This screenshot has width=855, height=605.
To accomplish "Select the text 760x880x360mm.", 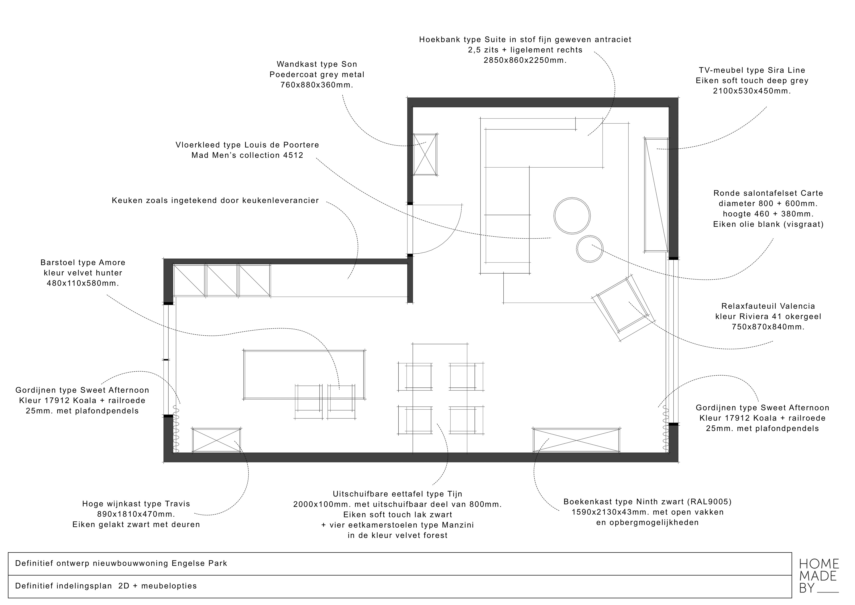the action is [x=317, y=85].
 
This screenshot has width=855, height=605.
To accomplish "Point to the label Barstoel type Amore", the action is [x=83, y=263].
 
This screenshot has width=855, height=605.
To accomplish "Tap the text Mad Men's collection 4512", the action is [x=247, y=155].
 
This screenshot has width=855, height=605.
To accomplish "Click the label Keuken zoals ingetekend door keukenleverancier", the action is [x=215, y=201].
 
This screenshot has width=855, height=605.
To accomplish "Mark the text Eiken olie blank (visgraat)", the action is [x=768, y=224].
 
